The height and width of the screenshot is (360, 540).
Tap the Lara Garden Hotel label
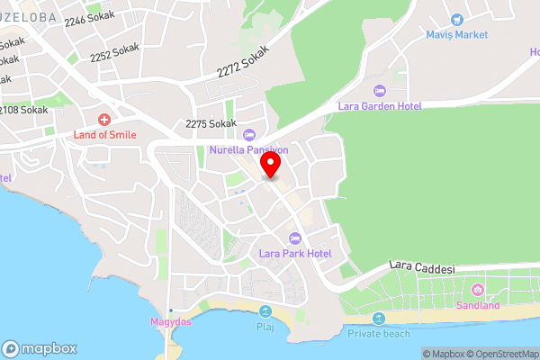(x=379, y=106)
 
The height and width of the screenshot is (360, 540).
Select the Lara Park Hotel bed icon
(x=294, y=238)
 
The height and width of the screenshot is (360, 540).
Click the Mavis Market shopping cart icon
(x=456, y=20)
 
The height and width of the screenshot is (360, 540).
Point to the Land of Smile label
(x=104, y=134)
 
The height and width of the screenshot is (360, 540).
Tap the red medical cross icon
(x=104, y=119)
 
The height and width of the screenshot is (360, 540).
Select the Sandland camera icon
(x=477, y=290)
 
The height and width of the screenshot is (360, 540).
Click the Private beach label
(x=378, y=333)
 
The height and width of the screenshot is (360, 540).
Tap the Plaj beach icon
(x=265, y=311)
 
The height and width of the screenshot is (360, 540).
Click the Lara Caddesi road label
(x=423, y=268)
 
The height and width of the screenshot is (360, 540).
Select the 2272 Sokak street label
(x=243, y=64)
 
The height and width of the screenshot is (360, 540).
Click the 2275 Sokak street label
(x=211, y=123)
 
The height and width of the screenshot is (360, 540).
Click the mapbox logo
(x=40, y=348)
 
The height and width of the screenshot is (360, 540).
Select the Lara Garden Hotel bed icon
(x=379, y=91)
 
